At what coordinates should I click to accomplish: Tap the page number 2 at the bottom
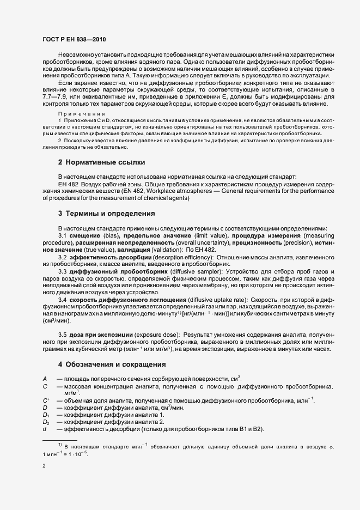coord(44,466)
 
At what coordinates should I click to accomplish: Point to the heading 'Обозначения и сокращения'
coord(112,363)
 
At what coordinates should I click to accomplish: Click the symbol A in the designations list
coord(44,379)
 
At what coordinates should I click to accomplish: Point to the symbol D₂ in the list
coord(46,422)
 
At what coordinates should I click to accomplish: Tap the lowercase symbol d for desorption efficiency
coord(44,429)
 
